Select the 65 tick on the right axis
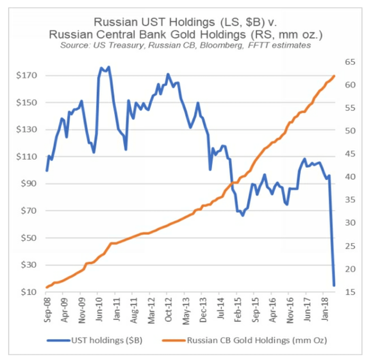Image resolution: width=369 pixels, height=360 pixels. [x=350, y=62]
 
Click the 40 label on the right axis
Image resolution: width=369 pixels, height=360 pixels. [x=350, y=177]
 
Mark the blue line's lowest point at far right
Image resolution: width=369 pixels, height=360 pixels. [x=334, y=285]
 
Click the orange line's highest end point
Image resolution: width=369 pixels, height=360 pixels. [x=334, y=76]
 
